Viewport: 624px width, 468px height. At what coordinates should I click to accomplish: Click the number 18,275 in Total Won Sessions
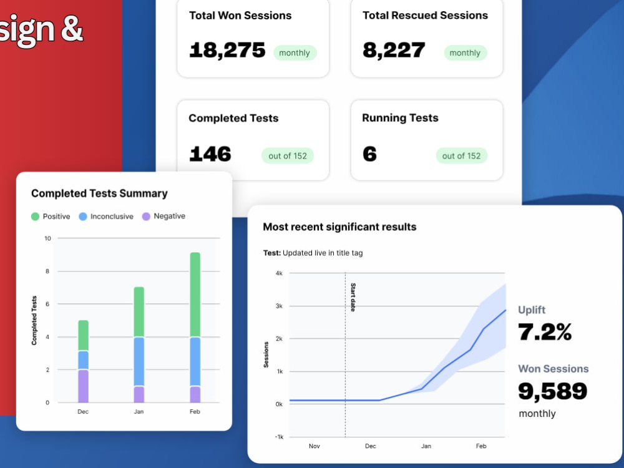[x=227, y=51]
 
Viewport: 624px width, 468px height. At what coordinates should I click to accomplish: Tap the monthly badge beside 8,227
[x=466, y=53]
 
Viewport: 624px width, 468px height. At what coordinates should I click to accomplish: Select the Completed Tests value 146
[x=210, y=154]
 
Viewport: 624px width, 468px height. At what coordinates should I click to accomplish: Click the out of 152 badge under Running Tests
[x=461, y=156]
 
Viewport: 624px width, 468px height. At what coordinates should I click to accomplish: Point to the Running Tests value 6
[x=369, y=154]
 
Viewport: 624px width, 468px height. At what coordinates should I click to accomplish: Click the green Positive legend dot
[x=35, y=217]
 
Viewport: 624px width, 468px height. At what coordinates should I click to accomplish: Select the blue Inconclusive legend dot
[x=83, y=217]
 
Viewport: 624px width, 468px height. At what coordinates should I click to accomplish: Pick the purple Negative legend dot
[x=146, y=217]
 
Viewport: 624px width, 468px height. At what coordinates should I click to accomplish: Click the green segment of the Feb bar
[x=195, y=295]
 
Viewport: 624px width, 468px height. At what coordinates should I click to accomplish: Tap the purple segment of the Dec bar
[x=83, y=386]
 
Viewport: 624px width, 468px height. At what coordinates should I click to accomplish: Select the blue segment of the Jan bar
[x=139, y=361]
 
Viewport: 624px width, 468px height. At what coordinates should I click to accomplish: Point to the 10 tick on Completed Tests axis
[x=48, y=238]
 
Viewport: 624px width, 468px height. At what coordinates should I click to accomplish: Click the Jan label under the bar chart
[x=139, y=411]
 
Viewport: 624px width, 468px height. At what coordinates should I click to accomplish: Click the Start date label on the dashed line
[x=353, y=297]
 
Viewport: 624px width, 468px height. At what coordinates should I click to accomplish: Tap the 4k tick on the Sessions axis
[x=279, y=273]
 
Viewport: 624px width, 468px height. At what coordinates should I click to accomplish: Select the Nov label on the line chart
[x=314, y=446]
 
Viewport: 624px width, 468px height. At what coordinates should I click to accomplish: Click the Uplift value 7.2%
[x=545, y=332]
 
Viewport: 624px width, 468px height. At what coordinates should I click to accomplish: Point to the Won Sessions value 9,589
[x=553, y=391]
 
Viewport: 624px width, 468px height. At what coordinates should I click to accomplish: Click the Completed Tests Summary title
[x=99, y=193]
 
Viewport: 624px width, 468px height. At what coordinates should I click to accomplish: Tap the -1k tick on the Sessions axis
[x=279, y=437]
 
